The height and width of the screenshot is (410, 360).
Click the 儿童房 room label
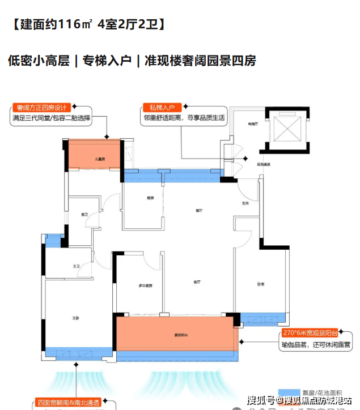[94, 160]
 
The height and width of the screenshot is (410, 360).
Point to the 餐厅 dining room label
[199, 210]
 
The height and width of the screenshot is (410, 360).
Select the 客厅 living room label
[198, 281]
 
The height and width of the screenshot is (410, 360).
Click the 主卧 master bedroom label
[75, 318]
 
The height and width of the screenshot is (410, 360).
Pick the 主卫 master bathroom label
[75, 266]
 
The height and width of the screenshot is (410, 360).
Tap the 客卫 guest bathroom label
[84, 215]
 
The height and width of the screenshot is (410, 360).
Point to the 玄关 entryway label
[245, 203]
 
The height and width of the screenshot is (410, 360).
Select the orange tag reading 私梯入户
[162, 107]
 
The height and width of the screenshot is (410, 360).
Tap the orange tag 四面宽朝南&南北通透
[67, 402]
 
